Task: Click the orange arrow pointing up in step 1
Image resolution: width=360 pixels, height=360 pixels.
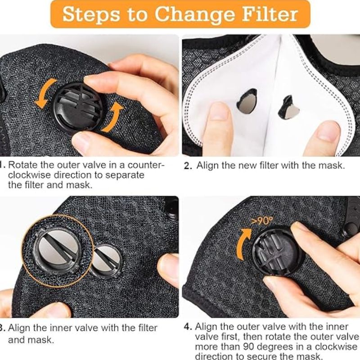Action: click(x=113, y=117)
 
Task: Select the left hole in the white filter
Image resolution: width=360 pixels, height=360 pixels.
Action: click(x=247, y=102)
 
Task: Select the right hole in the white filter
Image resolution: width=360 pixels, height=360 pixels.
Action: click(x=288, y=108)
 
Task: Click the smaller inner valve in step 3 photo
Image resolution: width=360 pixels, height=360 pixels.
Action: click(x=106, y=261)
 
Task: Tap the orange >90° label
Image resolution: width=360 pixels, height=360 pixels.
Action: click(x=262, y=221)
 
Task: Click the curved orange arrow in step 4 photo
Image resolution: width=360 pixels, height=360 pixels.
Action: click(x=243, y=243)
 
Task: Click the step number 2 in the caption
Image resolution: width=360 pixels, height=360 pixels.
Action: click(x=188, y=166)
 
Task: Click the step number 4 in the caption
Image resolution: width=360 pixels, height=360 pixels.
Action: click(x=188, y=327)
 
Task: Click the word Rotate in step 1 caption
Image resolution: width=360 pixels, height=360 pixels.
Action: click(x=23, y=165)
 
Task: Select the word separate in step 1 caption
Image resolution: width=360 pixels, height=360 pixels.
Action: click(x=125, y=175)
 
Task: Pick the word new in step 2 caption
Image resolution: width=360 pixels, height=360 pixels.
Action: click(x=247, y=166)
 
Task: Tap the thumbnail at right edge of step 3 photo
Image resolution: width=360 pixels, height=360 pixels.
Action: click(x=169, y=270)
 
